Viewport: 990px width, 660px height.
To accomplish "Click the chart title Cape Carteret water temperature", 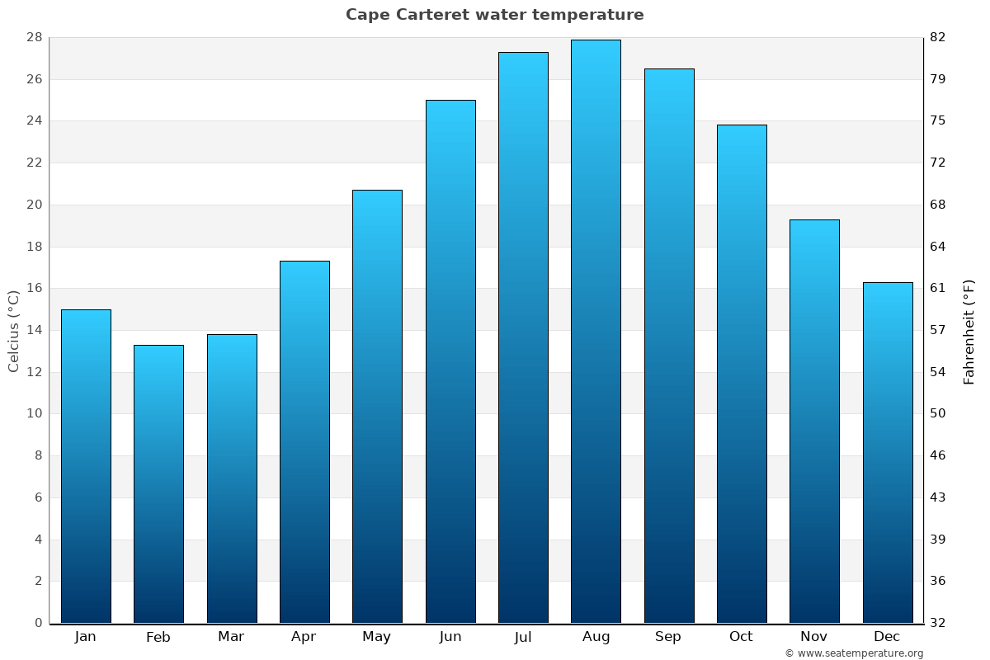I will coord(494,15).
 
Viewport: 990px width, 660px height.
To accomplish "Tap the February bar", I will coord(158,484).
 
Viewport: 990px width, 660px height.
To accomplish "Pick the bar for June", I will coord(450,361).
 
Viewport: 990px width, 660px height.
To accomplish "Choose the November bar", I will coord(814,422).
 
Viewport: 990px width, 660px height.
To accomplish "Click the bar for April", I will coord(304,442).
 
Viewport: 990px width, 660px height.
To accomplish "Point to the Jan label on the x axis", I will coord(86,637).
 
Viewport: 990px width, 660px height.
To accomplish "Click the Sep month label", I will coord(668,637).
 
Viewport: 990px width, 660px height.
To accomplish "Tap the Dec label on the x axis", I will coord(887,637).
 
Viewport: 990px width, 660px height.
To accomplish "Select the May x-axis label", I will coord(377,637).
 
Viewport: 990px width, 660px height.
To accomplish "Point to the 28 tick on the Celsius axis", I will coord(35,38).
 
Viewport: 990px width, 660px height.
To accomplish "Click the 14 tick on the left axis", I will coord(35,331).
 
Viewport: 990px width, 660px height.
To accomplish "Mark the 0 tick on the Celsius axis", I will coord(38,623).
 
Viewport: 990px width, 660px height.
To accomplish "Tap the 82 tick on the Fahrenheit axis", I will coord(938,38).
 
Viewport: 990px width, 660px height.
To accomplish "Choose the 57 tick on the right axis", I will coord(938,331).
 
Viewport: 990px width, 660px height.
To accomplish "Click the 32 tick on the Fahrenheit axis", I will coord(938,623).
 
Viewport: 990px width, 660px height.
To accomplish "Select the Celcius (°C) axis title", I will coord(14,331).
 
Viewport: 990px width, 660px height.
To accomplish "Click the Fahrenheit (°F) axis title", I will coord(969,331).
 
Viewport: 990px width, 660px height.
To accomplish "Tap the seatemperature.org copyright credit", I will coord(854,653).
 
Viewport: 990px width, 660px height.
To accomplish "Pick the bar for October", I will coord(742,374).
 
